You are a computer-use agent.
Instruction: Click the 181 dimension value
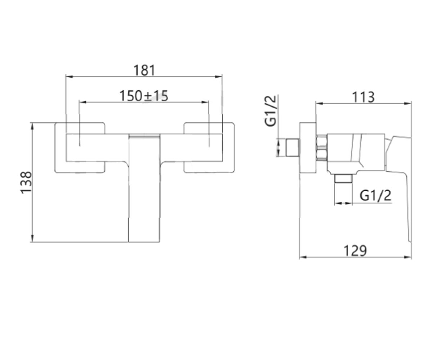click(144, 70)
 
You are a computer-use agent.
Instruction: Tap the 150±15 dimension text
click(144, 96)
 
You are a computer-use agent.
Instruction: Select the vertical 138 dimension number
click(26, 183)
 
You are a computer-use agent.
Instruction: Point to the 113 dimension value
click(363, 97)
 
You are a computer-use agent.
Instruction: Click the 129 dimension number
click(355, 251)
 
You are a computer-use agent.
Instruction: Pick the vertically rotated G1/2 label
click(271, 111)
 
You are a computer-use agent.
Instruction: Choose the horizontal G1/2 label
click(375, 195)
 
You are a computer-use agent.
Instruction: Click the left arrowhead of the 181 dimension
click(69, 77)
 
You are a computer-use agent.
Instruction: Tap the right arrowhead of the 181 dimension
click(219, 77)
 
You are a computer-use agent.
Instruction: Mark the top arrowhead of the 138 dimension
click(32, 127)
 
